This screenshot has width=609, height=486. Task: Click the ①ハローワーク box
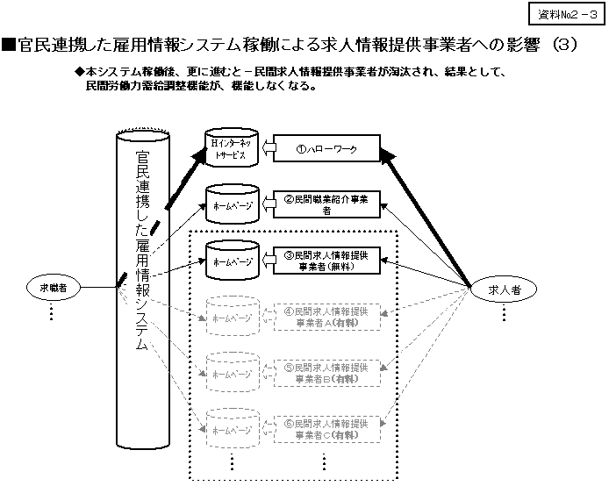pyautogui.click(x=327, y=150)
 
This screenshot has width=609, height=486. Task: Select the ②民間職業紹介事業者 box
pyautogui.click(x=326, y=204)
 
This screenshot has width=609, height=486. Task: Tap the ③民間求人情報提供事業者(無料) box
pyautogui.click(x=326, y=261)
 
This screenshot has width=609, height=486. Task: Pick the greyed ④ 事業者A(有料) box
pyautogui.click(x=326, y=317)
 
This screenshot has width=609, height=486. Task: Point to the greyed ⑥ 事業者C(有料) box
pyautogui.click(x=326, y=428)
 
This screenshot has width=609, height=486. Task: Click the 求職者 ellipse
pyautogui.click(x=59, y=287)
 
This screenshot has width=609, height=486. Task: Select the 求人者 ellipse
pyautogui.click(x=505, y=292)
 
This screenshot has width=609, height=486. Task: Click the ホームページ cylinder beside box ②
pyautogui.click(x=231, y=204)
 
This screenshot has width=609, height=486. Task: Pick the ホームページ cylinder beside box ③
pyautogui.click(x=231, y=261)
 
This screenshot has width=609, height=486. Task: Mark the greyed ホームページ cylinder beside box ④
pyautogui.click(x=231, y=317)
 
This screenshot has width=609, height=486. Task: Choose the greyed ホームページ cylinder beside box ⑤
pyautogui.click(x=231, y=373)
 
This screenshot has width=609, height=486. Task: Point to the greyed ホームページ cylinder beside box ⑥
pyautogui.click(x=231, y=429)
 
